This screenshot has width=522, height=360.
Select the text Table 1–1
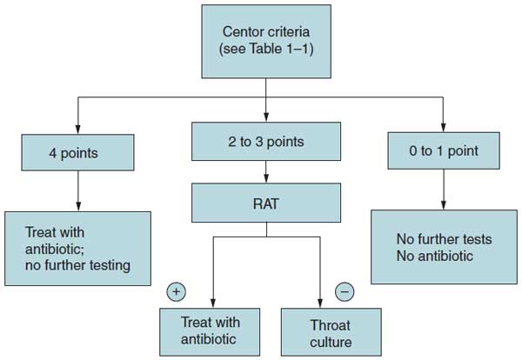(x=284, y=50)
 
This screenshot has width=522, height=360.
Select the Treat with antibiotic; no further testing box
(x=78, y=249)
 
